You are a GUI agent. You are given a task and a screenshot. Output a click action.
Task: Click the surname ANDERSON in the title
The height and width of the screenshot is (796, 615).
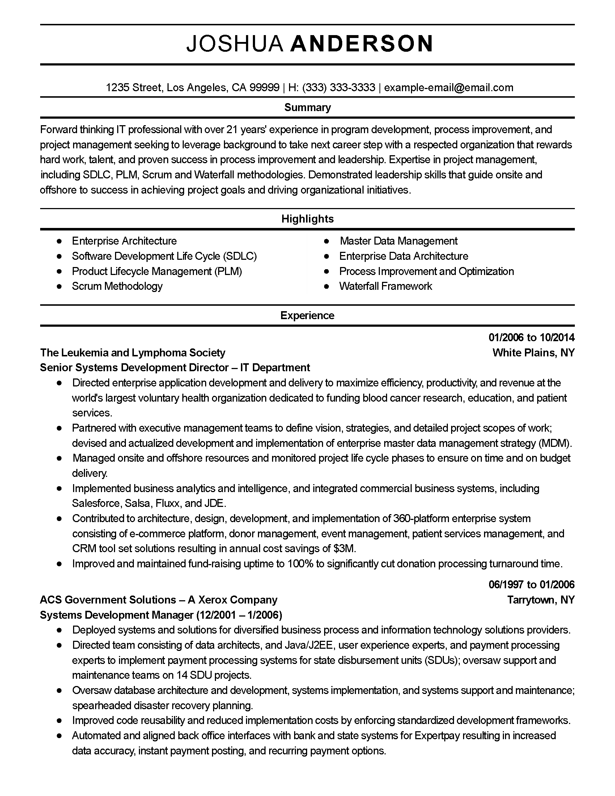coord(362,44)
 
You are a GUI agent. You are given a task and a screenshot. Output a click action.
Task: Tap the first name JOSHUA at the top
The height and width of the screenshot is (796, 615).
coord(235,44)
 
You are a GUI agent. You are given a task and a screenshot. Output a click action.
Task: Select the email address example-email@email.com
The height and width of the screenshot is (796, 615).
coord(449,88)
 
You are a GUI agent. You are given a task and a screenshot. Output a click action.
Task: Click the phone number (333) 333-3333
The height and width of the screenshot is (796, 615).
coord(339,88)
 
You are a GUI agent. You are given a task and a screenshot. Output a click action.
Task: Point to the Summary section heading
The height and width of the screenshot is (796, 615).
coord(307,107)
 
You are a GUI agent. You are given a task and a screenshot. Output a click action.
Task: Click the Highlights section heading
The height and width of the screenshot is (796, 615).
coord(307,219)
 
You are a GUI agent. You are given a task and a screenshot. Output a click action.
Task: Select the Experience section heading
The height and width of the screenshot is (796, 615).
coord(307,316)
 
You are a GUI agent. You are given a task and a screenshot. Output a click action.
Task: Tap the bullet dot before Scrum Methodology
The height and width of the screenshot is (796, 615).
coord(59,287)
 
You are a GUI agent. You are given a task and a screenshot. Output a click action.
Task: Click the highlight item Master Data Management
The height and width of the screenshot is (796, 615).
coord(399,241)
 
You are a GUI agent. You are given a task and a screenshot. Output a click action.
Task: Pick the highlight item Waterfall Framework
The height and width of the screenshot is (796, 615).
coord(386,286)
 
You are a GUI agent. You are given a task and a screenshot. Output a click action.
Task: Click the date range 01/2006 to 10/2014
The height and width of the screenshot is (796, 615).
coord(531,338)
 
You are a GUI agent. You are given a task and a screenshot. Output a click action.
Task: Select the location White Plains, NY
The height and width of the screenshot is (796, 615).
coord(533,353)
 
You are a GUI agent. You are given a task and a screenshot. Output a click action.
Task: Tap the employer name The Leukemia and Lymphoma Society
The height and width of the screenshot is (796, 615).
coord(133,353)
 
